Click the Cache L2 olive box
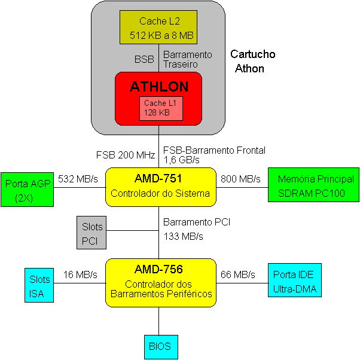(158, 27)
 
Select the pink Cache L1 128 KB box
(161, 108)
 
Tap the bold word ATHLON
(159, 87)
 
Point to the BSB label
(144, 59)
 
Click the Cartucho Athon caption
(252, 62)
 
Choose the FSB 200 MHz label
(126, 155)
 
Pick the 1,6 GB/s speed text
(181, 160)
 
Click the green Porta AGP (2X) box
(28, 190)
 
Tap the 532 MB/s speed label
(78, 179)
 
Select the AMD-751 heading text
(158, 178)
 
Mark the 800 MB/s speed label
(240, 179)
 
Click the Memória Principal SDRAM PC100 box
(313, 185)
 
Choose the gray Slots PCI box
(91, 233)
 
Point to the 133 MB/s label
(183, 236)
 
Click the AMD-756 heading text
(158, 269)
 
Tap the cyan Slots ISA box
(39, 285)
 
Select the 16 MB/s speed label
(80, 274)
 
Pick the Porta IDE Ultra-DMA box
(295, 280)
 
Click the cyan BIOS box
(161, 347)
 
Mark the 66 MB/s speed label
(237, 274)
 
